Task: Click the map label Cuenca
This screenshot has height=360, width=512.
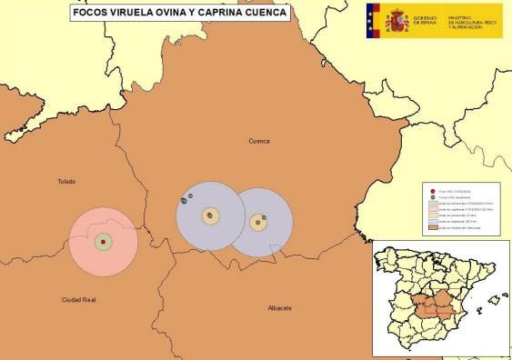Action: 260,141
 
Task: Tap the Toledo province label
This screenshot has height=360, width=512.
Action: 65,181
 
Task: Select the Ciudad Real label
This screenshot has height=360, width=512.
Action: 78,299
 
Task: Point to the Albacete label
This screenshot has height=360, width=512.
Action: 279,308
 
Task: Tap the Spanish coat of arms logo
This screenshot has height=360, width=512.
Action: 397,20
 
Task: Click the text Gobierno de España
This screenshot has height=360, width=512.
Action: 425,20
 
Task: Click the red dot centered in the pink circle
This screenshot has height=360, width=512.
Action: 104,242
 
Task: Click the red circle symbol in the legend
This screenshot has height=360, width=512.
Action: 433,191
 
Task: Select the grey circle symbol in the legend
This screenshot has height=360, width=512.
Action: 433,197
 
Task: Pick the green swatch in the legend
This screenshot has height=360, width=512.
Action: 433,204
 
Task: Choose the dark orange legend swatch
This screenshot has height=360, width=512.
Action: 433,227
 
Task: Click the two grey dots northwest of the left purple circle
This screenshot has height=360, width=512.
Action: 186,198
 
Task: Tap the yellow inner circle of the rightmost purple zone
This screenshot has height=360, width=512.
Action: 258,222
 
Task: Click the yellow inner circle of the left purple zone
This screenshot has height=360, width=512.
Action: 211,216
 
